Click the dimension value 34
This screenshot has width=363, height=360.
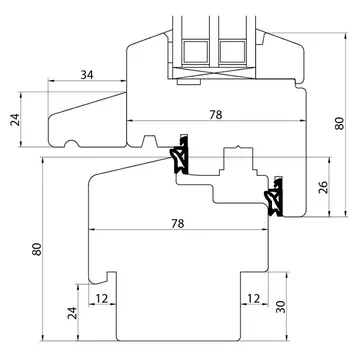pyautogui.click(x=87, y=75)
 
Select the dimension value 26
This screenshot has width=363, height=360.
pyautogui.click(x=323, y=187)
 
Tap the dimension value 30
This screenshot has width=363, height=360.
pyautogui.click(x=281, y=307)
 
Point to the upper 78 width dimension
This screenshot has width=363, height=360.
pyautogui.click(x=216, y=115)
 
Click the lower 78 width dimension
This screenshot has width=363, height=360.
pyautogui.click(x=178, y=224)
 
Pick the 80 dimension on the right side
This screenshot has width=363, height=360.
pyautogui.click(x=339, y=123)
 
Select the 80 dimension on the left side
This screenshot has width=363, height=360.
pyautogui.click(x=37, y=249)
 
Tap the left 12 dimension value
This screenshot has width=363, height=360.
pyautogui.click(x=102, y=299)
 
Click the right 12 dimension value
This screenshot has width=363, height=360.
pyautogui.click(x=254, y=299)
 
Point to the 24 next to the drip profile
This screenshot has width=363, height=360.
pyautogui.click(x=15, y=119)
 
